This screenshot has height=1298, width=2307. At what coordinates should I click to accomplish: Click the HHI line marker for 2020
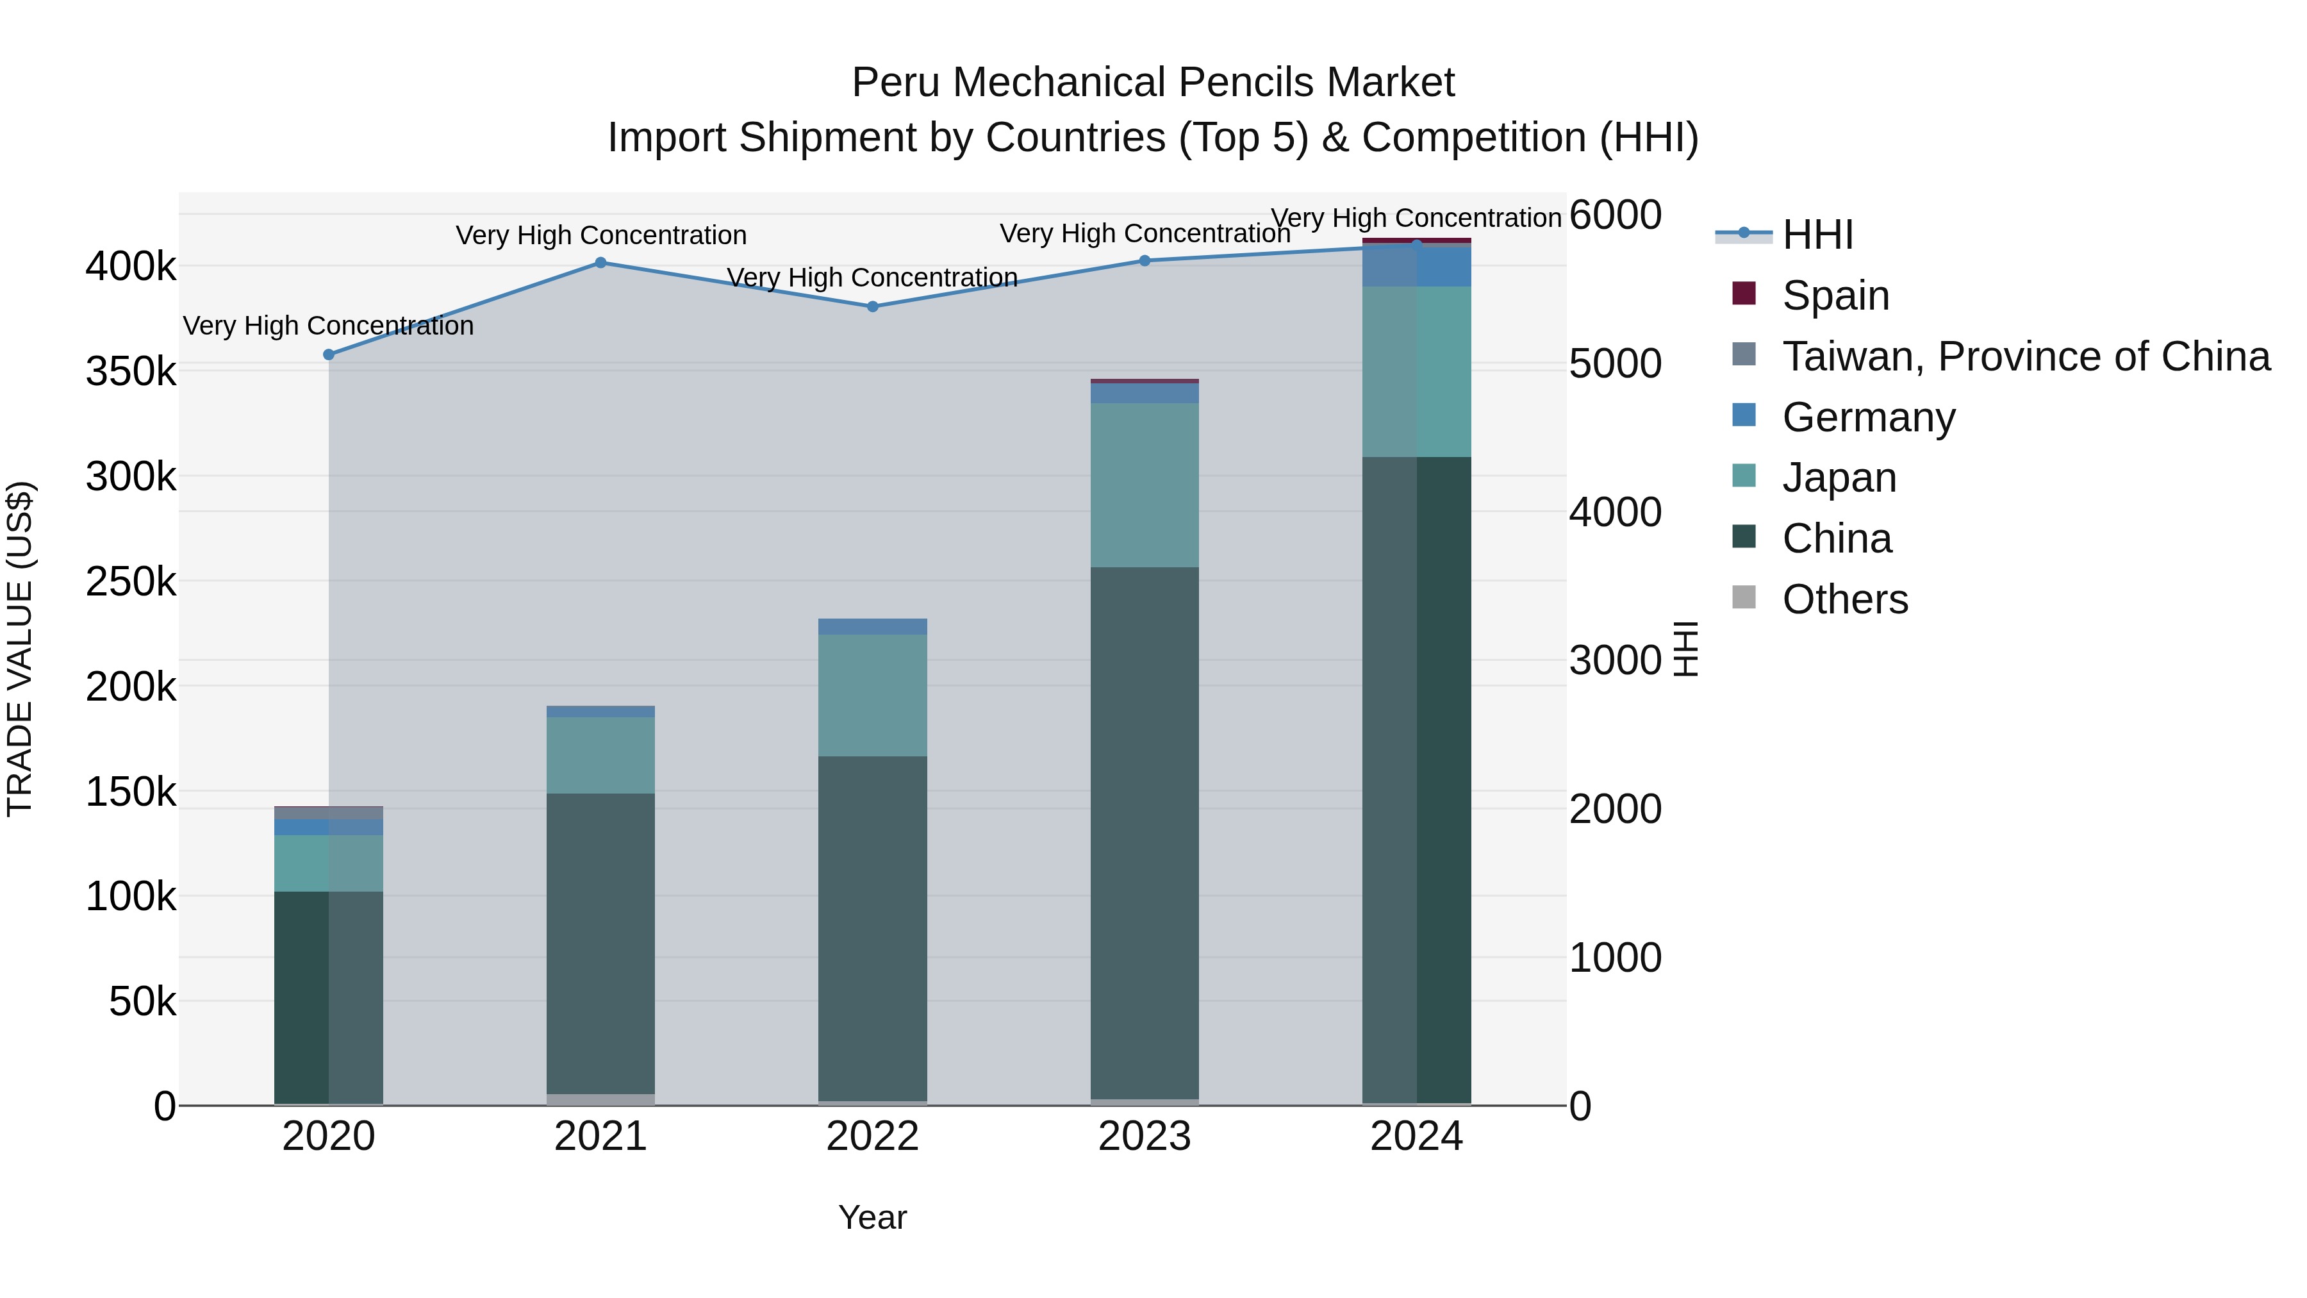point(329,354)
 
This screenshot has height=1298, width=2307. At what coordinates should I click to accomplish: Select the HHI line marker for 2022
point(873,306)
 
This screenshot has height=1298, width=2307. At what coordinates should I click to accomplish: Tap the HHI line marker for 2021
point(601,262)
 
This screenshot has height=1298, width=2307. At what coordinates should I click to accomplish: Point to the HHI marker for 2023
point(1145,261)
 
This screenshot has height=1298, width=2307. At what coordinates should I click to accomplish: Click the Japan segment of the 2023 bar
point(1145,485)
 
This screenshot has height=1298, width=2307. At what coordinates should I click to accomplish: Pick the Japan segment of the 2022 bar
point(873,695)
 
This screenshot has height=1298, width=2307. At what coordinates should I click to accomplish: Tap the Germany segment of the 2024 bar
point(1417,265)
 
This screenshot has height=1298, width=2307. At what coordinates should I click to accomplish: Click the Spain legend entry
point(1835,295)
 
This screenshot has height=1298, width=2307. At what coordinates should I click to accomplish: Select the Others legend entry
point(1845,599)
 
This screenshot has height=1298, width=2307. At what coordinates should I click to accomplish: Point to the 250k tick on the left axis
point(131,582)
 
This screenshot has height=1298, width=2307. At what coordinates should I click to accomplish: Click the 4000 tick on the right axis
point(1616,512)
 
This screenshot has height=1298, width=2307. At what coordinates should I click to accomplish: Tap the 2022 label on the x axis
point(873,1136)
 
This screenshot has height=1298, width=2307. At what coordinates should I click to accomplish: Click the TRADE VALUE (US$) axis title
point(21,649)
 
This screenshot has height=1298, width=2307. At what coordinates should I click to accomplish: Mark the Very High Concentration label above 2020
point(329,326)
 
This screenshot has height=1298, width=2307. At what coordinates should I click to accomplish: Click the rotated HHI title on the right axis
point(1685,649)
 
